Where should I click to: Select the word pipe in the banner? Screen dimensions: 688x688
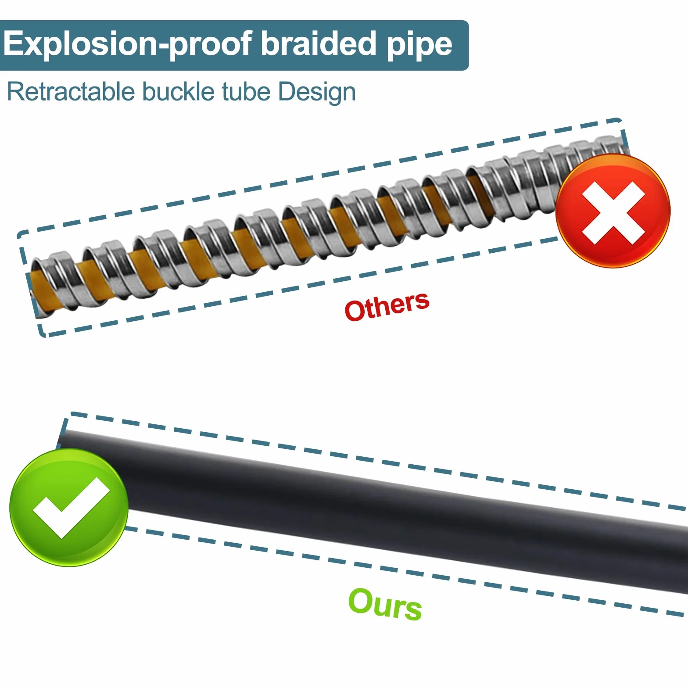click(x=419, y=46)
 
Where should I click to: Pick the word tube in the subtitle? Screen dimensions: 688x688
click(x=247, y=92)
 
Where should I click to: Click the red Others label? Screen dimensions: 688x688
click(x=387, y=306)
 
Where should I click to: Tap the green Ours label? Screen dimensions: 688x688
click(x=385, y=604)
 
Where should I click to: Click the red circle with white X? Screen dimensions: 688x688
click(x=613, y=211)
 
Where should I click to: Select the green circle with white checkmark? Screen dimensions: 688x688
click(x=69, y=507)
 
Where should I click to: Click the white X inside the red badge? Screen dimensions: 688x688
click(x=613, y=213)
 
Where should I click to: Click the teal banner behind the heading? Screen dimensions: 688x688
click(x=234, y=45)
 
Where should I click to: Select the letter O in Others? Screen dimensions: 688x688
click(x=356, y=311)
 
